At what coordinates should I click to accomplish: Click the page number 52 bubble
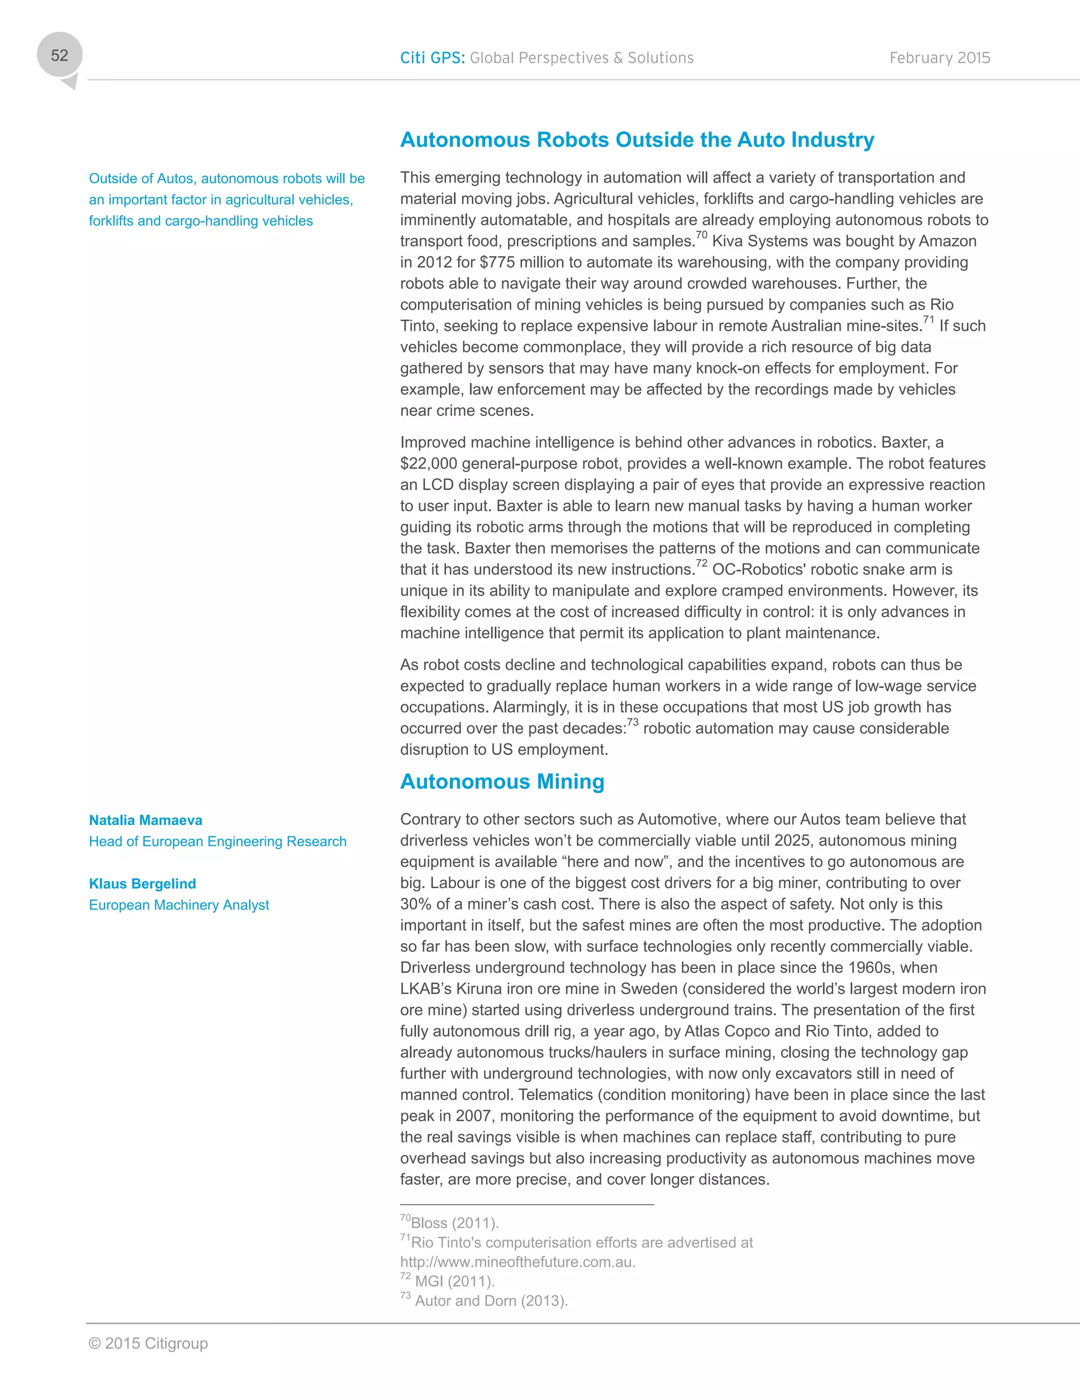point(60,56)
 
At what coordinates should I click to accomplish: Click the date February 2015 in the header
point(939,58)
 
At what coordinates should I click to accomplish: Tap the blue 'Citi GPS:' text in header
point(432,58)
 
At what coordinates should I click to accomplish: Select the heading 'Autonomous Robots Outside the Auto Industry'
point(637,140)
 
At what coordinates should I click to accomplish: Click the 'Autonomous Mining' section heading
point(502,782)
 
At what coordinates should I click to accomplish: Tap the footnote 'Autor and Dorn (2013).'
point(491,1301)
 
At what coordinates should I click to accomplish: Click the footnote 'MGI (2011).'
point(454,1281)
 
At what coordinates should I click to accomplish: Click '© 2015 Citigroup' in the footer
point(148,1344)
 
